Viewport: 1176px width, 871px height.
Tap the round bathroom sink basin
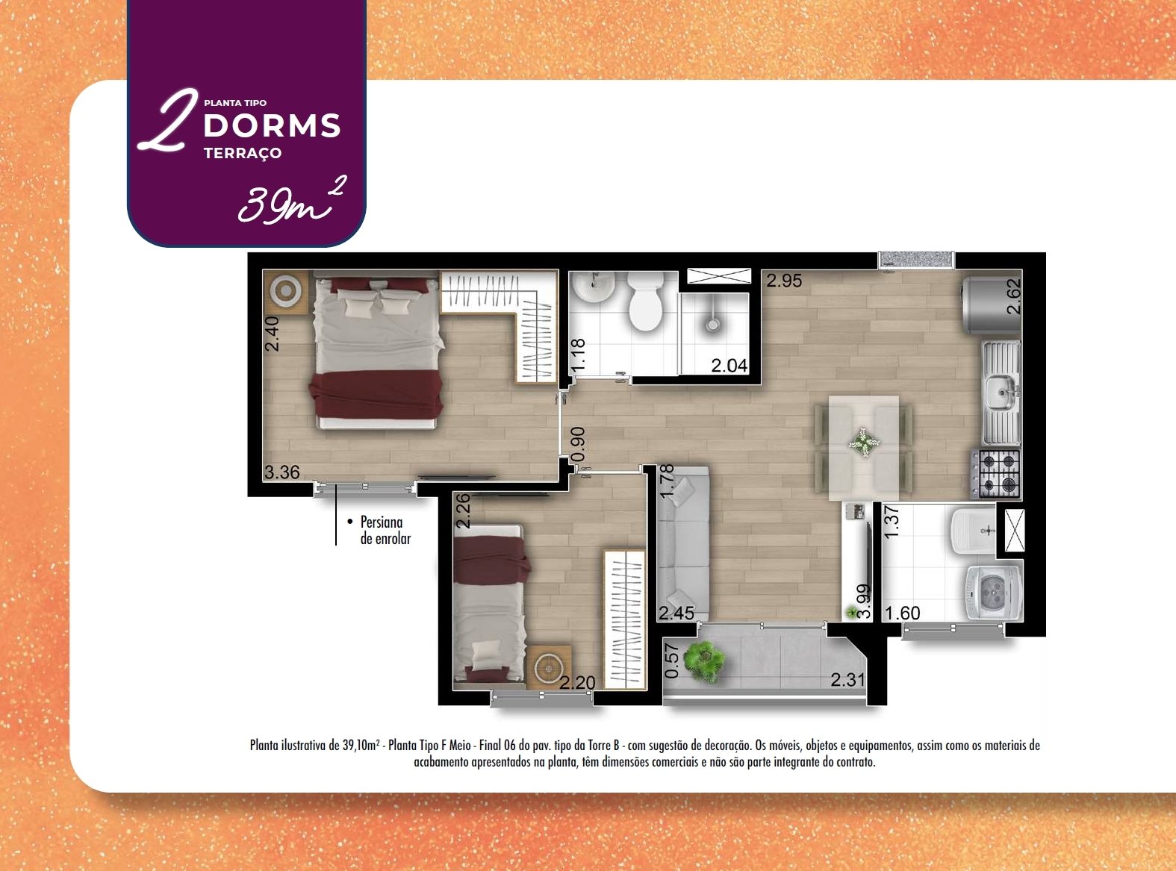point(594,287)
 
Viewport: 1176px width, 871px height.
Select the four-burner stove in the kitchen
point(996,473)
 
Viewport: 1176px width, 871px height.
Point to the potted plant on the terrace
point(704,661)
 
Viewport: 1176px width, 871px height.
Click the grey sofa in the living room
point(683,544)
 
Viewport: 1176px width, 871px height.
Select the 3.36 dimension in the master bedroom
point(282,472)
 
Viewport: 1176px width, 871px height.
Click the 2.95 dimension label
point(784,281)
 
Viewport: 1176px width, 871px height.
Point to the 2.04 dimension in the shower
point(729,365)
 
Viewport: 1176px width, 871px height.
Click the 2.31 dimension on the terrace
point(847,680)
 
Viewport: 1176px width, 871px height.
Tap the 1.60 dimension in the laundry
point(903,613)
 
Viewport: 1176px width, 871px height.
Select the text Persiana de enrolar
point(385,530)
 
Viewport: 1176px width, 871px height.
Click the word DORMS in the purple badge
point(272,125)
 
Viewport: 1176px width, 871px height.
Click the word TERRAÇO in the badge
point(243,153)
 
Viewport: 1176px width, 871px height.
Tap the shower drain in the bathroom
point(713,324)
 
